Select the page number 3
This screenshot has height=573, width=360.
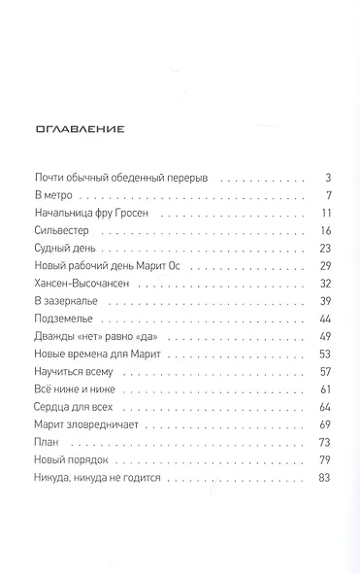(x=329, y=179)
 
